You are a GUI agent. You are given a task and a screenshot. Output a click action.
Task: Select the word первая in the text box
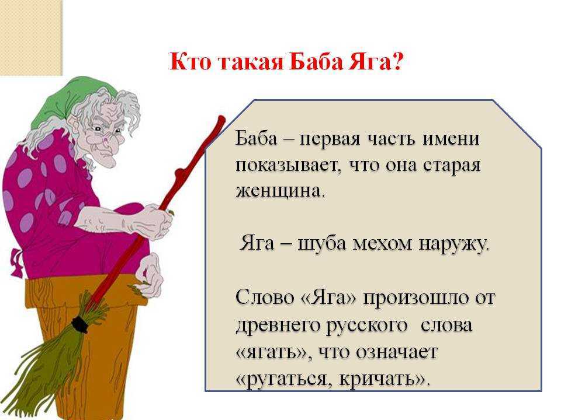tap(330, 139)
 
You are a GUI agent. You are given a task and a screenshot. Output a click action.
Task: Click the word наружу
tap(453, 244)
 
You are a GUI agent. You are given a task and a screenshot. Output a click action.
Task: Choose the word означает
tap(397, 352)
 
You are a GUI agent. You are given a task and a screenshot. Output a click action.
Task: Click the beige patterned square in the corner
tap(31, 37)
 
